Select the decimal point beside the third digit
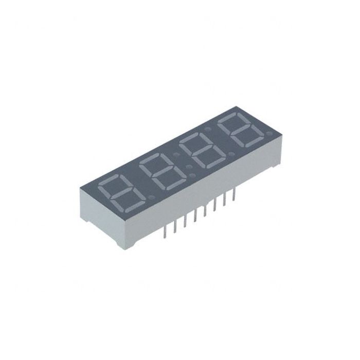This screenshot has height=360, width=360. click(x=232, y=153)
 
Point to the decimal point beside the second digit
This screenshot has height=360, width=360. click(x=192, y=176)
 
